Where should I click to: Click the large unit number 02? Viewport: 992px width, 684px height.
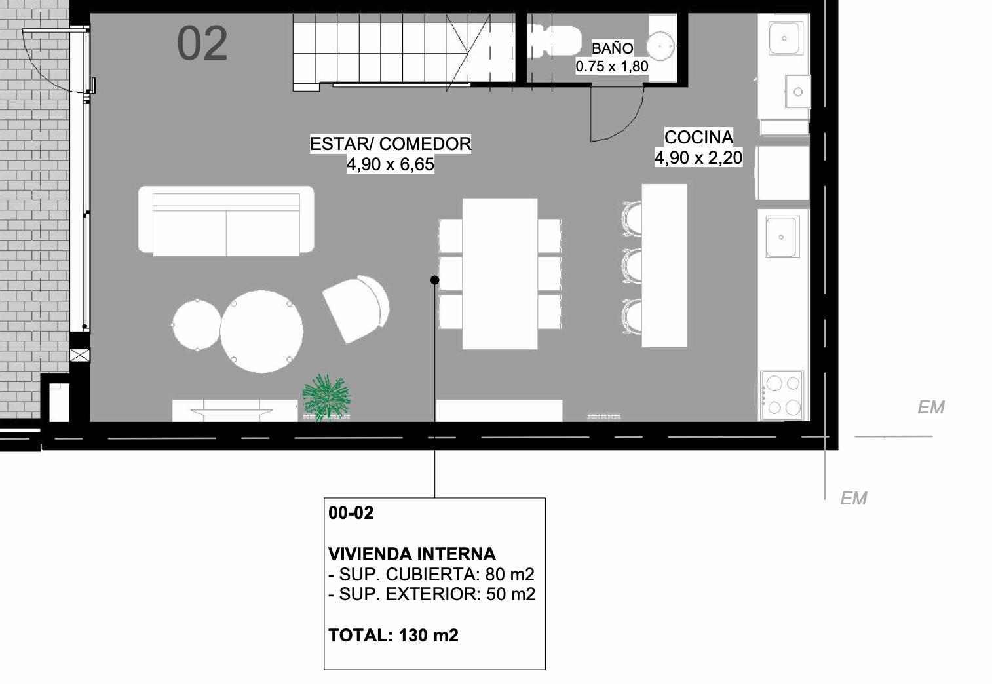[202, 43]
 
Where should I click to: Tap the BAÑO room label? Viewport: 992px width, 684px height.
[612, 48]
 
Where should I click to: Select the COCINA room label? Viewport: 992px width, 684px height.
[699, 137]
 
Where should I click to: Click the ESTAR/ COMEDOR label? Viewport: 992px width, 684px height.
[390, 144]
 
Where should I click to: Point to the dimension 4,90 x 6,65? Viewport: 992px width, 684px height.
[390, 164]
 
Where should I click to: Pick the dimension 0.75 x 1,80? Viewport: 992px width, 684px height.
[612, 66]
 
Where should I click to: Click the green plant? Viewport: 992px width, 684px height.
[326, 397]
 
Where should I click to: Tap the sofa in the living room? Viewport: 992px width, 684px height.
[226, 221]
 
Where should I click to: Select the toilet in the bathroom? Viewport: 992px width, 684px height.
[556, 41]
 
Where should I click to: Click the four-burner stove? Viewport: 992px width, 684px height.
[782, 395]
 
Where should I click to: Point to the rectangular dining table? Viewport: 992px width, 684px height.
[500, 274]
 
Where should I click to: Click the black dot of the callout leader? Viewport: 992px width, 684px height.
[434, 280]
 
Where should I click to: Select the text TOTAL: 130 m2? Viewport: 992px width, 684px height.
[393, 636]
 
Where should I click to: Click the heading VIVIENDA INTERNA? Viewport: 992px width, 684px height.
[412, 554]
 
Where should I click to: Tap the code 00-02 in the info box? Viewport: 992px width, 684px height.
[351, 512]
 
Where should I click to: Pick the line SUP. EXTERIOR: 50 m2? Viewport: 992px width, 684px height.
[432, 594]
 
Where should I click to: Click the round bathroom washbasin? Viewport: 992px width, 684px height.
[660, 46]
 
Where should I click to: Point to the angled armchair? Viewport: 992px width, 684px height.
[356, 309]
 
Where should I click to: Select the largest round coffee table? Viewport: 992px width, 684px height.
[261, 332]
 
